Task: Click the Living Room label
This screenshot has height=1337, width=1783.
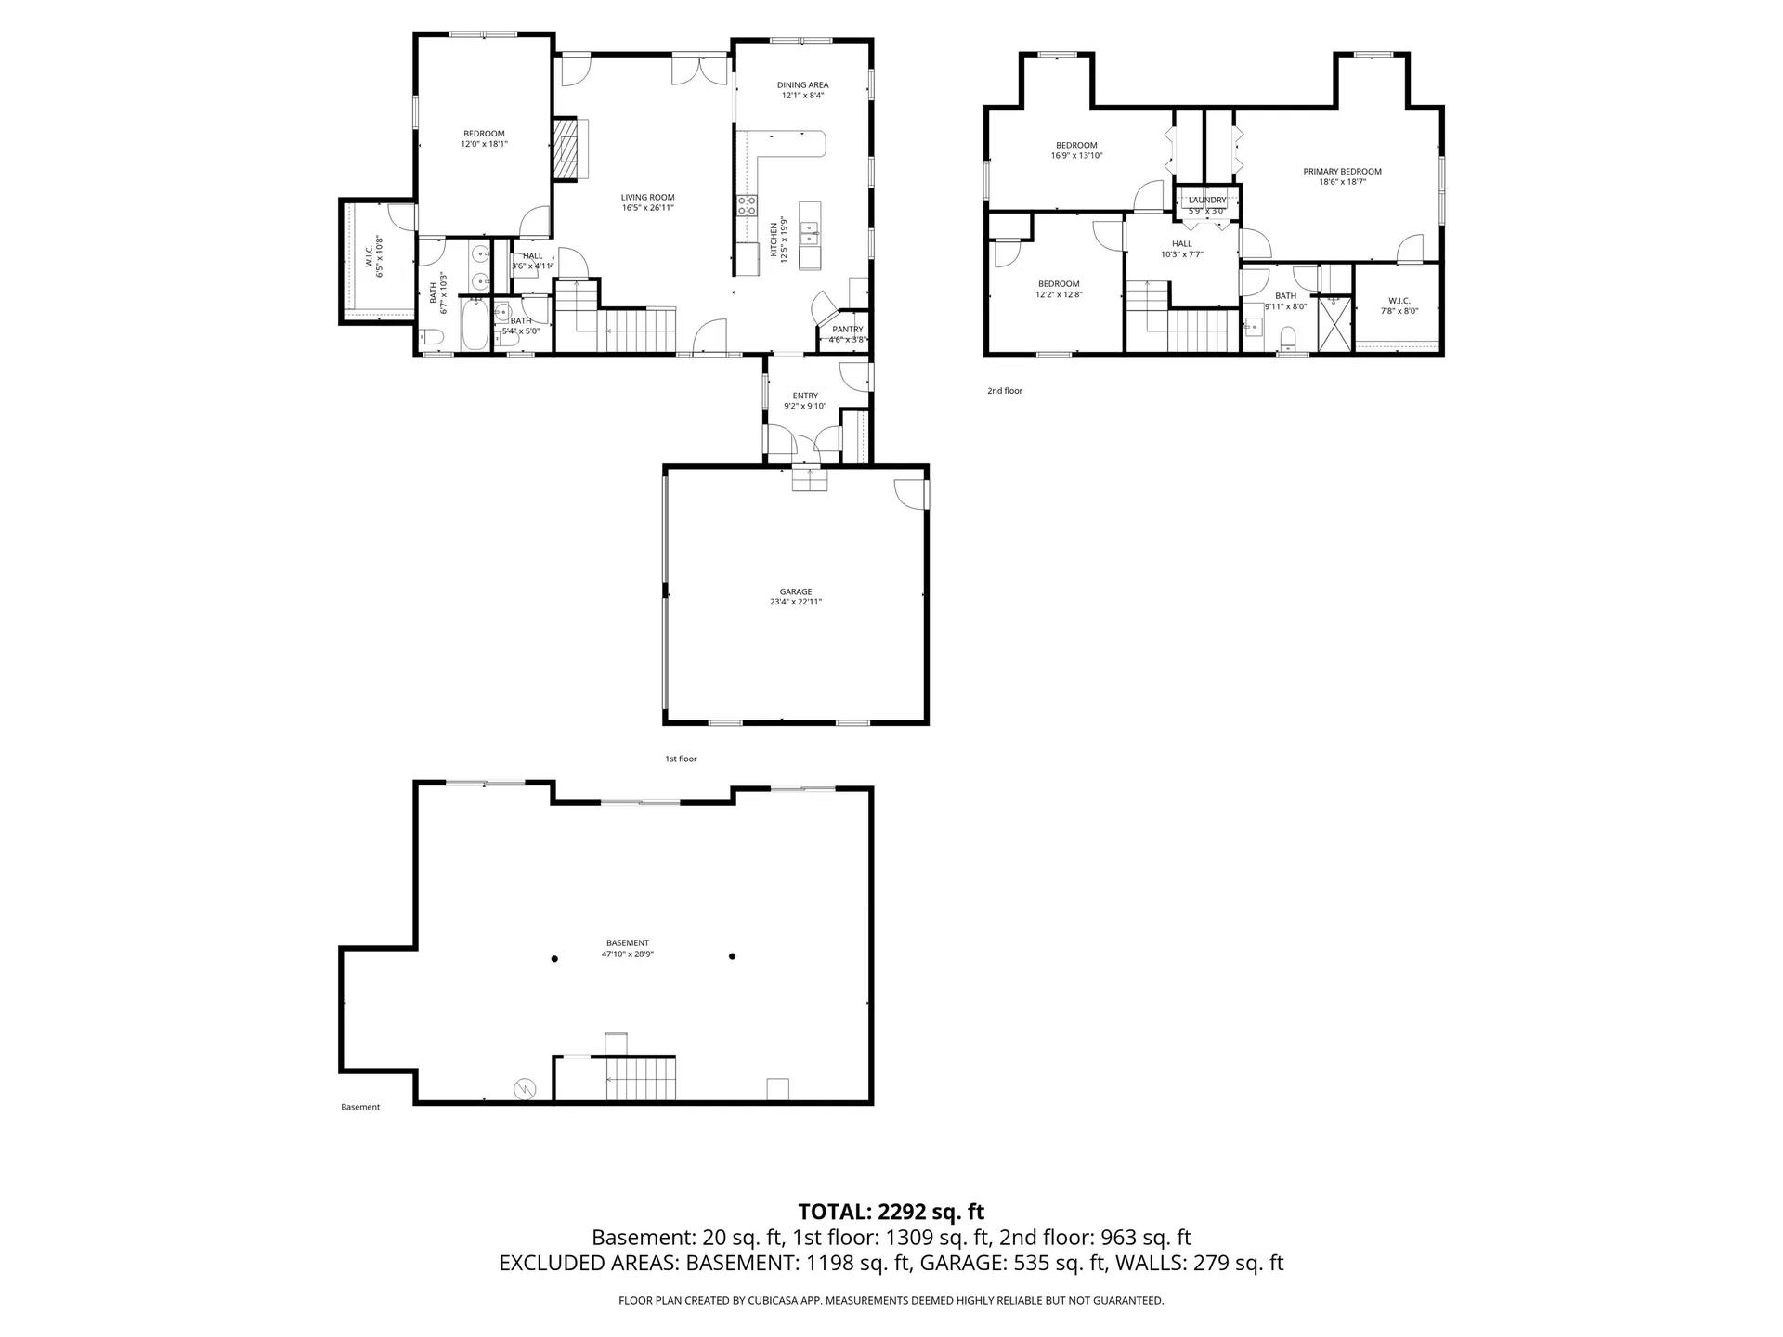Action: (647, 197)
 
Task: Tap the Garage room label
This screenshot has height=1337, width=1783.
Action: (796, 591)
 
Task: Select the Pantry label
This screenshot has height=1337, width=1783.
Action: (848, 330)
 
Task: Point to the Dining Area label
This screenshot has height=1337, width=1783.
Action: (803, 85)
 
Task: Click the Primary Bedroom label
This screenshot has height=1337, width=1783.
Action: (1342, 172)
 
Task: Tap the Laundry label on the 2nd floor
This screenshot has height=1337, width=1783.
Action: (1207, 200)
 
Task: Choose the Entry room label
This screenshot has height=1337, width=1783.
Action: (805, 396)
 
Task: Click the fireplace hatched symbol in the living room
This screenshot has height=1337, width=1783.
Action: (565, 149)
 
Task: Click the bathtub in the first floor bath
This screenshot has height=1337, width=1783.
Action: (475, 324)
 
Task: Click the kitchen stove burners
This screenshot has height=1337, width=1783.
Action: (747, 206)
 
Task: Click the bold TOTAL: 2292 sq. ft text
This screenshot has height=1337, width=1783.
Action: (891, 1212)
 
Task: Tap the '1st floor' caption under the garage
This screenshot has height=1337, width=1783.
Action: (681, 759)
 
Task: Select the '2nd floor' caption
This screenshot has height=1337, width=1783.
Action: (1005, 391)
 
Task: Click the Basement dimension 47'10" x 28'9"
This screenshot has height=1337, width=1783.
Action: (628, 954)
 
